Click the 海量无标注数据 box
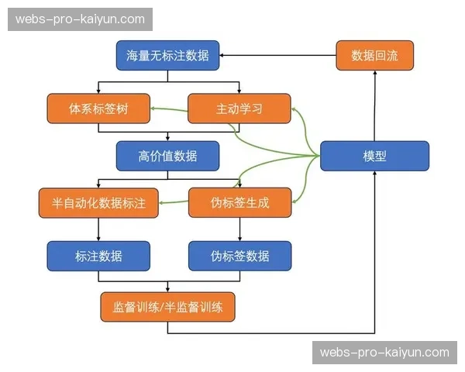coord(167,55)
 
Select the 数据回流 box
coord(374,55)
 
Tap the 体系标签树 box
coord(98,109)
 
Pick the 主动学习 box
coord(239,109)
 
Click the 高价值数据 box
coord(167,156)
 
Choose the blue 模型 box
coord(374,156)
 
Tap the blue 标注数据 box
coord(98,256)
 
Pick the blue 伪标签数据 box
coord(239,256)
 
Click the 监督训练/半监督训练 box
coord(167,307)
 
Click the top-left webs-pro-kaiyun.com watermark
coord(80,19)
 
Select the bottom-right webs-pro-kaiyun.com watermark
coord(384,353)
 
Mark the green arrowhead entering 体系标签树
coord(153,109)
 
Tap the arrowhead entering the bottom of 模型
coord(374,174)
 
